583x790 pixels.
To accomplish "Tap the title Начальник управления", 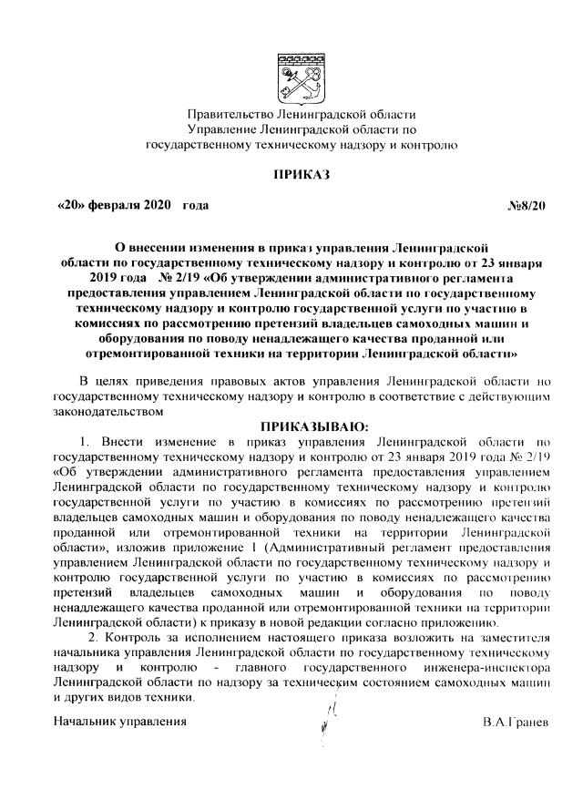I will tap(119, 721).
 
